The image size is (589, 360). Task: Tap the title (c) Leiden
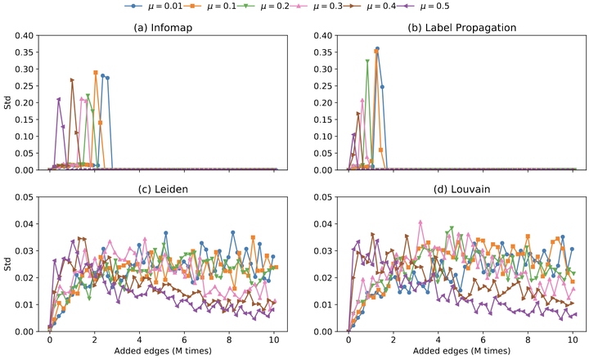pyautogui.click(x=162, y=187)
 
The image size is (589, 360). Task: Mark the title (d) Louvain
pyautogui.click(x=462, y=187)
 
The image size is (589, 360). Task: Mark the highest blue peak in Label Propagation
pyautogui.click(x=377, y=49)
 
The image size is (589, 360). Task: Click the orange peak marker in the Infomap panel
pyautogui.click(x=96, y=73)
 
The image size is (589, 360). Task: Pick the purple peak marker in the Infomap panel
pyautogui.click(x=58, y=100)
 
